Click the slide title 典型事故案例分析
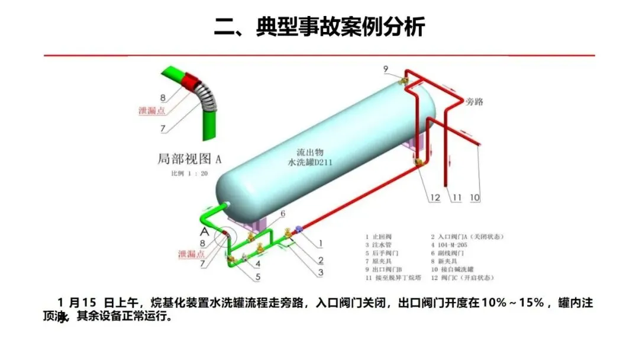[x=319, y=27]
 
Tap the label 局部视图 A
[x=189, y=159]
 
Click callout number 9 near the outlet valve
[x=386, y=70]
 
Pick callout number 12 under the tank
[x=435, y=197]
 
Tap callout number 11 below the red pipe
[x=456, y=197]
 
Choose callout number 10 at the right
[x=475, y=197]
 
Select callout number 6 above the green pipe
[x=283, y=214]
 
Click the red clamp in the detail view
[x=191, y=82]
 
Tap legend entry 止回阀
[x=380, y=237]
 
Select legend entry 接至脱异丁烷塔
[x=392, y=277]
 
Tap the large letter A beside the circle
[x=204, y=231]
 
